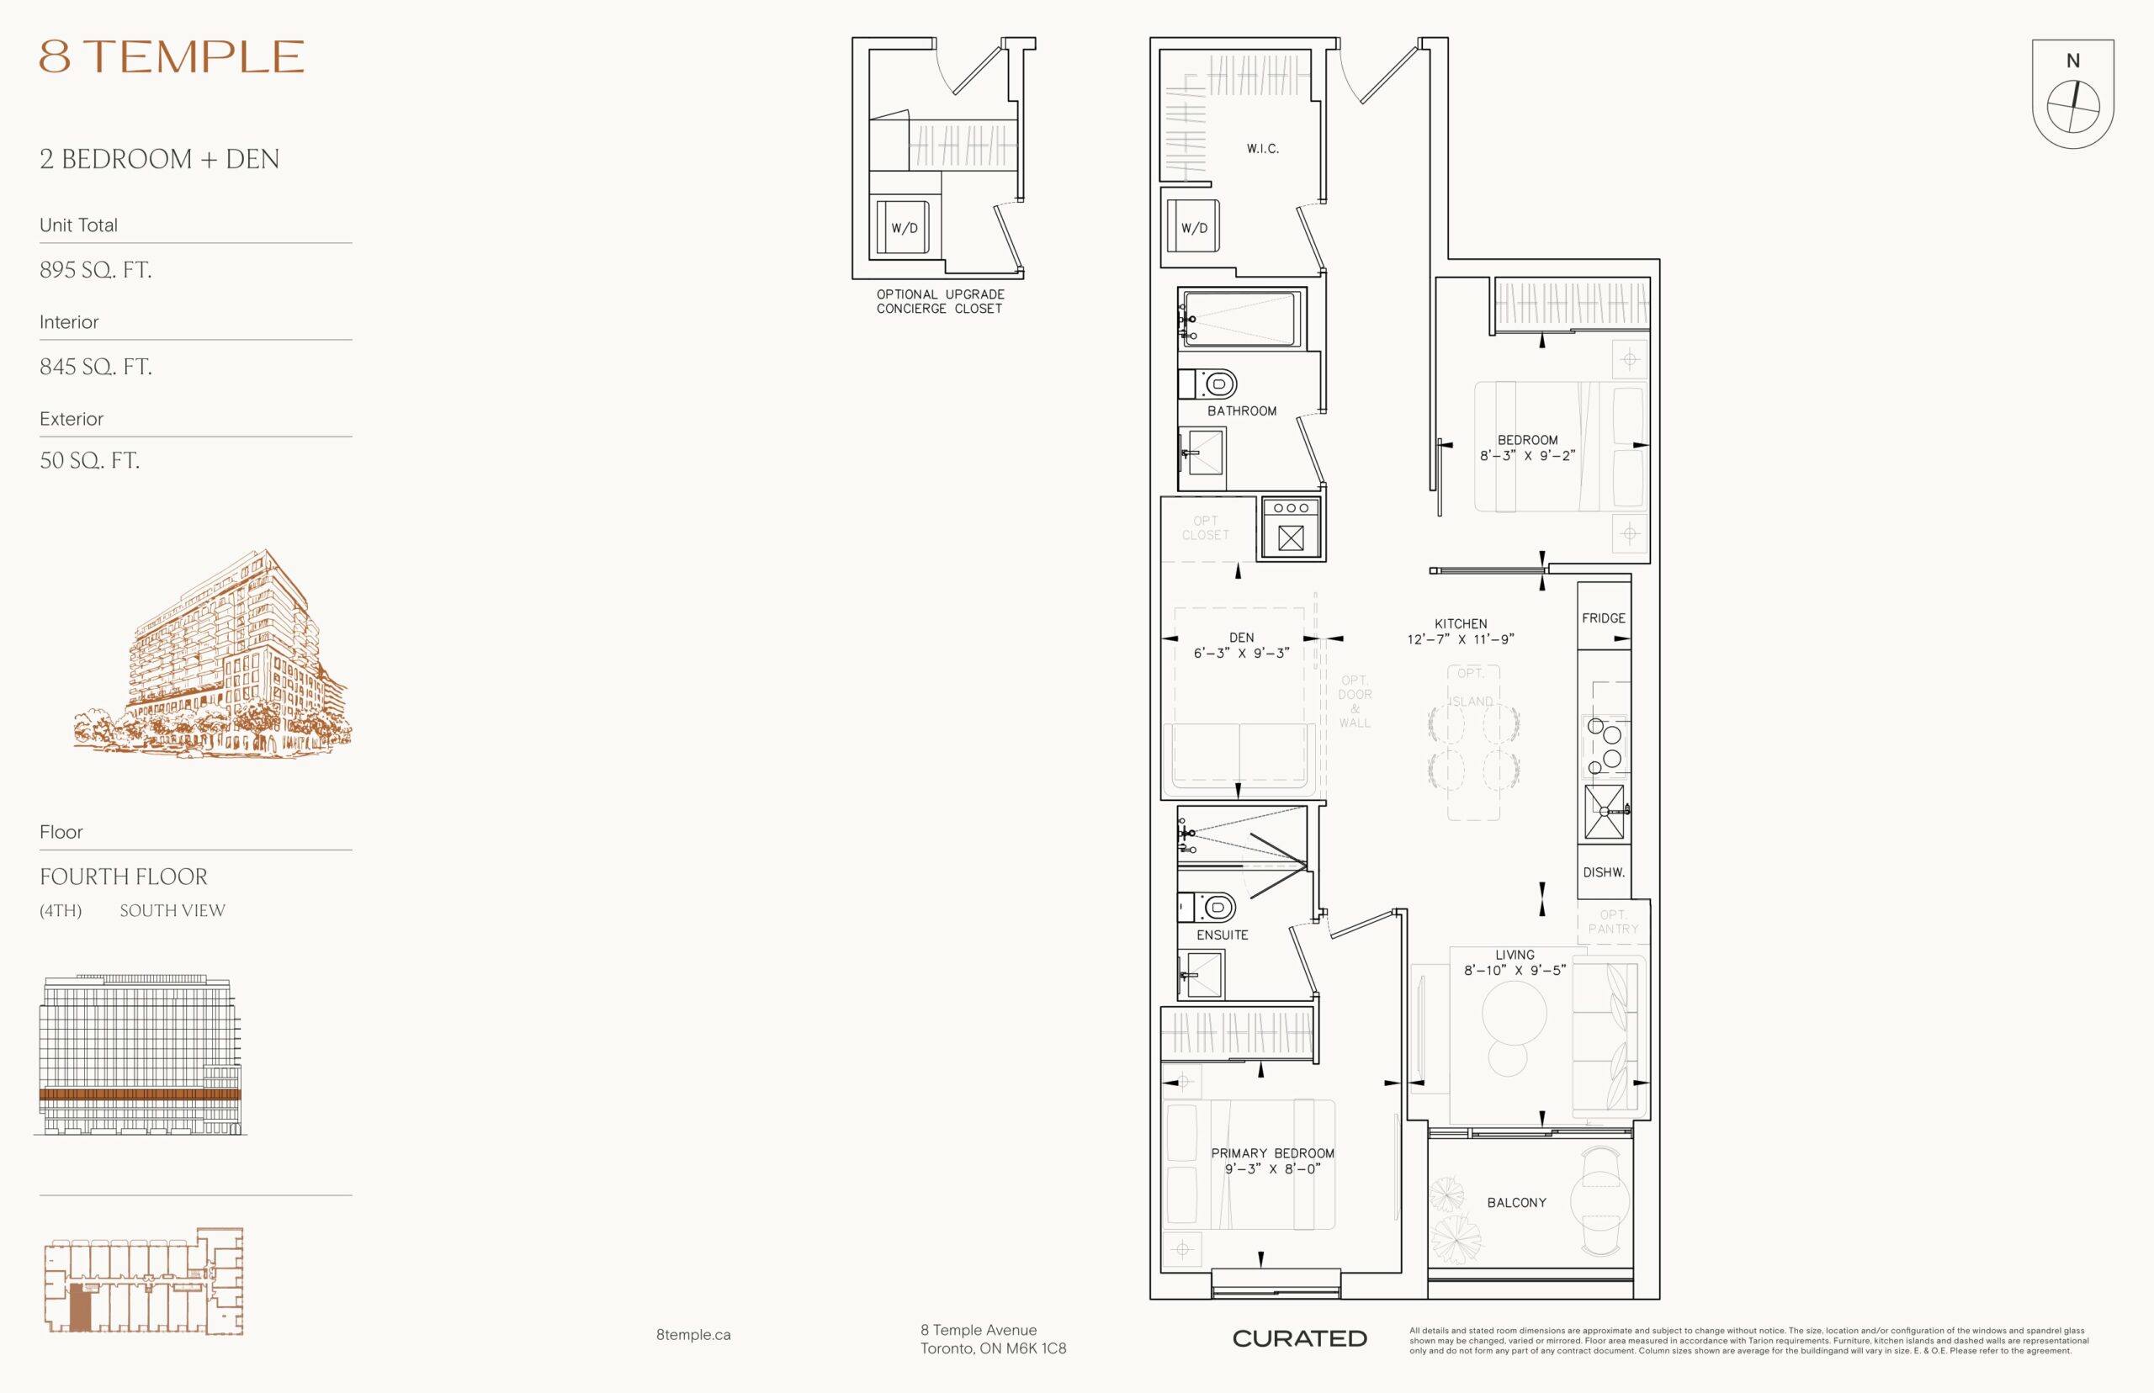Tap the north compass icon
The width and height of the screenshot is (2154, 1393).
tap(2072, 93)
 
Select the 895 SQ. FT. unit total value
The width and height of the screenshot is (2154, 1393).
tap(95, 269)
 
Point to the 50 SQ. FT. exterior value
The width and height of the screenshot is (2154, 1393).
tap(89, 460)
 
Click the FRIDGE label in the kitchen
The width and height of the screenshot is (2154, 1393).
tap(1603, 617)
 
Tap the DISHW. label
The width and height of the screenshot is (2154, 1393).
tap(1603, 872)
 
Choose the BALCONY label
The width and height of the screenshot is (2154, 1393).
tap(1516, 1202)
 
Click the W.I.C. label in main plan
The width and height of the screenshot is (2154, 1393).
tap(1262, 148)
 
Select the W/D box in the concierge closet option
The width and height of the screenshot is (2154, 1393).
tap(904, 227)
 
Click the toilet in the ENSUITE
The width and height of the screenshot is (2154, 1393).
tap(1208, 906)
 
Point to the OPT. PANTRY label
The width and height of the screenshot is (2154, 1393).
tap(1613, 922)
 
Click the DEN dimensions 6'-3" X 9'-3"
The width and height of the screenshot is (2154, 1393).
tap(1241, 653)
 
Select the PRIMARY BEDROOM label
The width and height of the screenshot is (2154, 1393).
tap(1272, 1153)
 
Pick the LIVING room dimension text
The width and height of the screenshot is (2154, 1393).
tap(1515, 970)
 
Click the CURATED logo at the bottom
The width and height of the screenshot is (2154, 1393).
tap(1299, 1338)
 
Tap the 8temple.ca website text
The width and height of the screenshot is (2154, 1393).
tap(693, 1334)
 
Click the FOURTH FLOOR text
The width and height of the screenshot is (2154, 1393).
tap(123, 877)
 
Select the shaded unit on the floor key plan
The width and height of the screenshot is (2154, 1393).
tap(81, 1307)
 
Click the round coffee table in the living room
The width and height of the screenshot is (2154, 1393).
tap(1514, 1012)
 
